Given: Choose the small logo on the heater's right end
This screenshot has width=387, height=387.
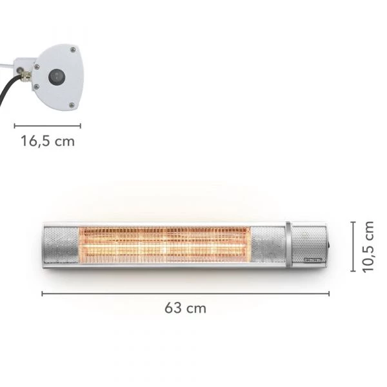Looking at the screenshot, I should click(x=312, y=261).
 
